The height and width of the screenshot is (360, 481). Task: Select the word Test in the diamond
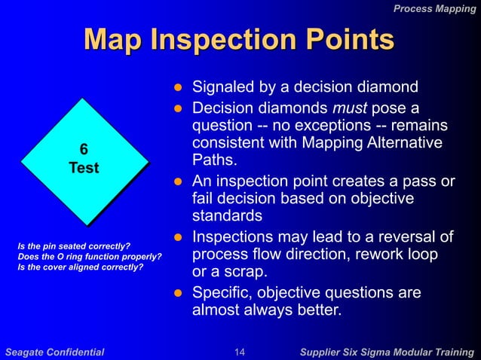pos(84,168)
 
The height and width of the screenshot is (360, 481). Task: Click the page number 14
pos(240,351)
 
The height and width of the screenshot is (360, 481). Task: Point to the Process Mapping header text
pos(436,8)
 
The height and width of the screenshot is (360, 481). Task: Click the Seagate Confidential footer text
pos(54,351)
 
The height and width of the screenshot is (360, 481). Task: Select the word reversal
pos(409,237)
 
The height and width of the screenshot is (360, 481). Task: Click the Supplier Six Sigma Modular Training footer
pos(387,351)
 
